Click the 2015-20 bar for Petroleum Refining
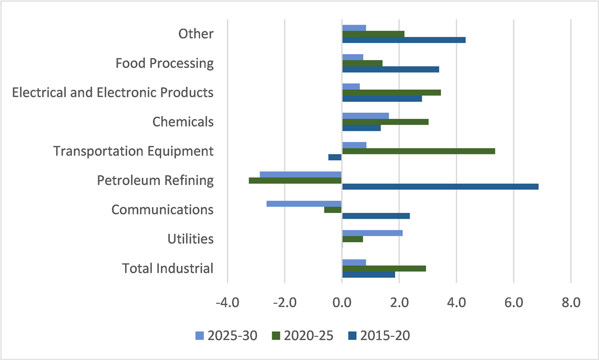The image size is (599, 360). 440,187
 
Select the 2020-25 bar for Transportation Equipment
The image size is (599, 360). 418,151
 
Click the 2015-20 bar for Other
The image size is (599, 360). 404,40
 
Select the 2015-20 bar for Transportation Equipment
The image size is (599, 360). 335,157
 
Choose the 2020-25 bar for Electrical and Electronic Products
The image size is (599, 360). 391,92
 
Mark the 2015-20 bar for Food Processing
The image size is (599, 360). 390,69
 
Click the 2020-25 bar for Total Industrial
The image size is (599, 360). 384,269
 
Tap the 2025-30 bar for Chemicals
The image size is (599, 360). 365,116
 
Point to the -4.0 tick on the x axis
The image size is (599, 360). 227,303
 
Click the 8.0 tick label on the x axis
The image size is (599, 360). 571,303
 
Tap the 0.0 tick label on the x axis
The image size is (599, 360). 342,303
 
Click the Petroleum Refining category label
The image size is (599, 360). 156,181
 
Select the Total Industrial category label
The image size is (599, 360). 168,269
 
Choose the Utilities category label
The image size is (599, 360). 190,239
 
